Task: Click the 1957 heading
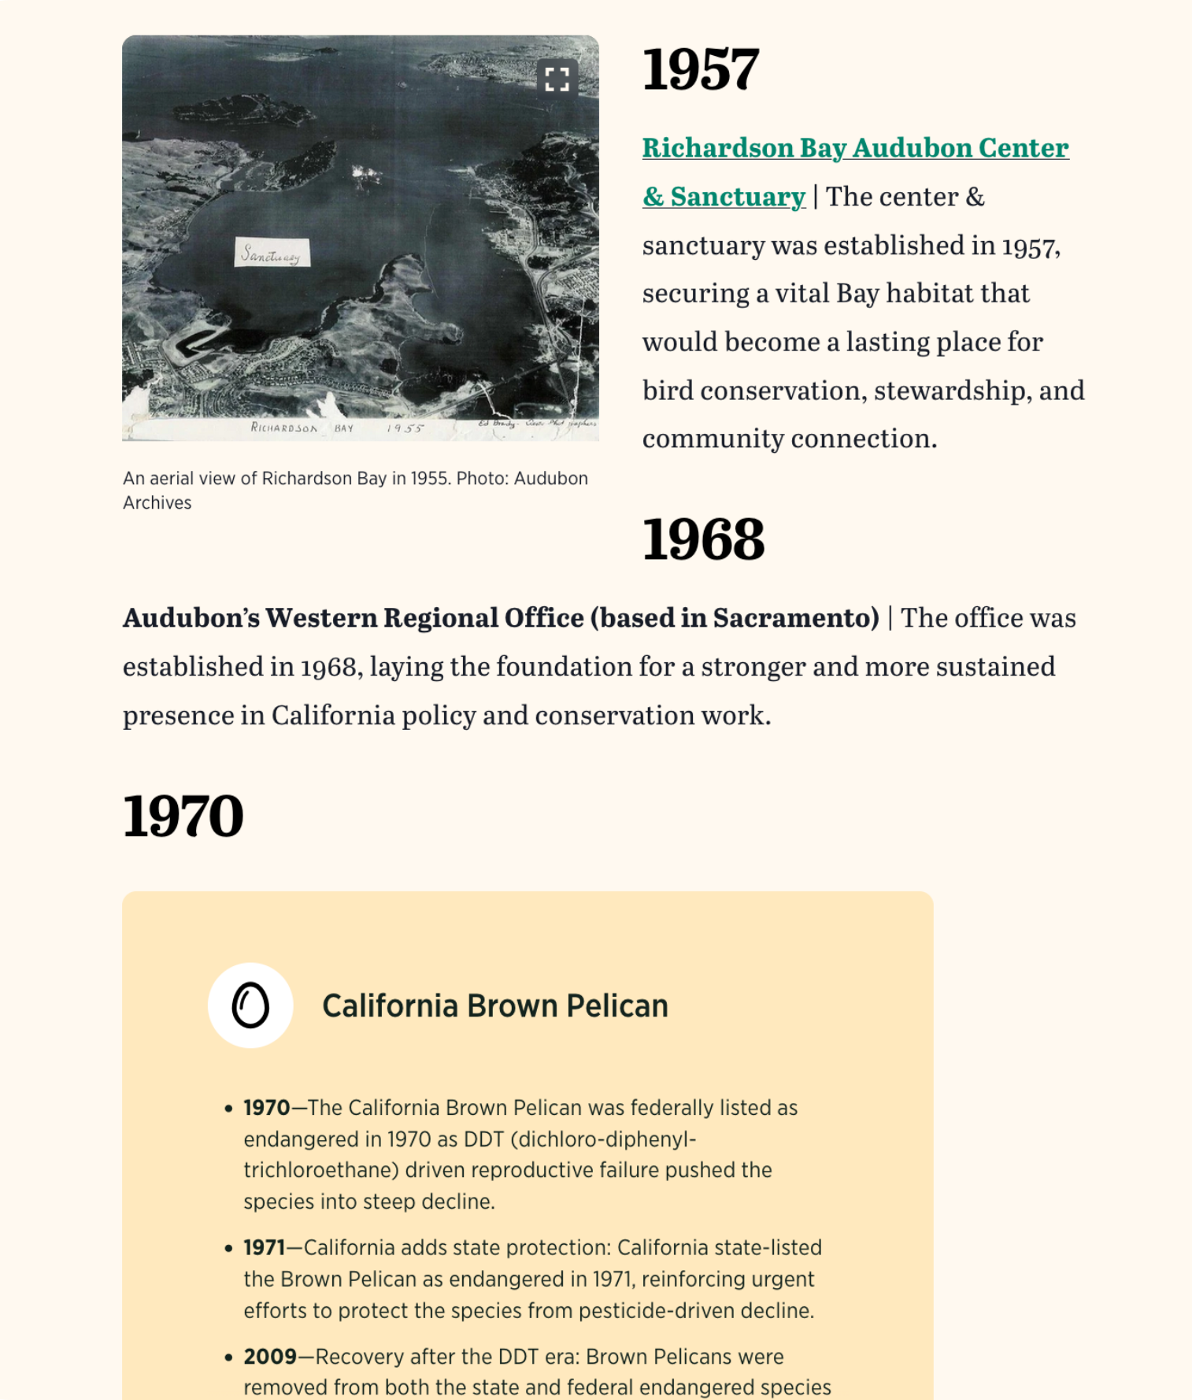(x=701, y=69)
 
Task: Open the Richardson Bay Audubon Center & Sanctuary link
(x=855, y=148)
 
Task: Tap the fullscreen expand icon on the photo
(x=557, y=79)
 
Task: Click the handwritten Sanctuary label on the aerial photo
(x=272, y=254)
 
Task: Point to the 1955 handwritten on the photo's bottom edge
(x=405, y=428)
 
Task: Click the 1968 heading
(x=703, y=540)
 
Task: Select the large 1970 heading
(x=183, y=816)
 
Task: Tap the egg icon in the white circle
(x=250, y=1006)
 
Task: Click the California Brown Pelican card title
(x=494, y=1006)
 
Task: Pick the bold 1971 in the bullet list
(x=264, y=1247)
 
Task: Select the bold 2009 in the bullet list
(x=270, y=1357)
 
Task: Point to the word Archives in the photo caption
(x=157, y=503)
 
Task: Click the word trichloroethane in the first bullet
(x=320, y=1170)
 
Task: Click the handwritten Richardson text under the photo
(x=284, y=428)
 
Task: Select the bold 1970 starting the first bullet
(x=267, y=1108)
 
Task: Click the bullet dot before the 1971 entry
(x=228, y=1248)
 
